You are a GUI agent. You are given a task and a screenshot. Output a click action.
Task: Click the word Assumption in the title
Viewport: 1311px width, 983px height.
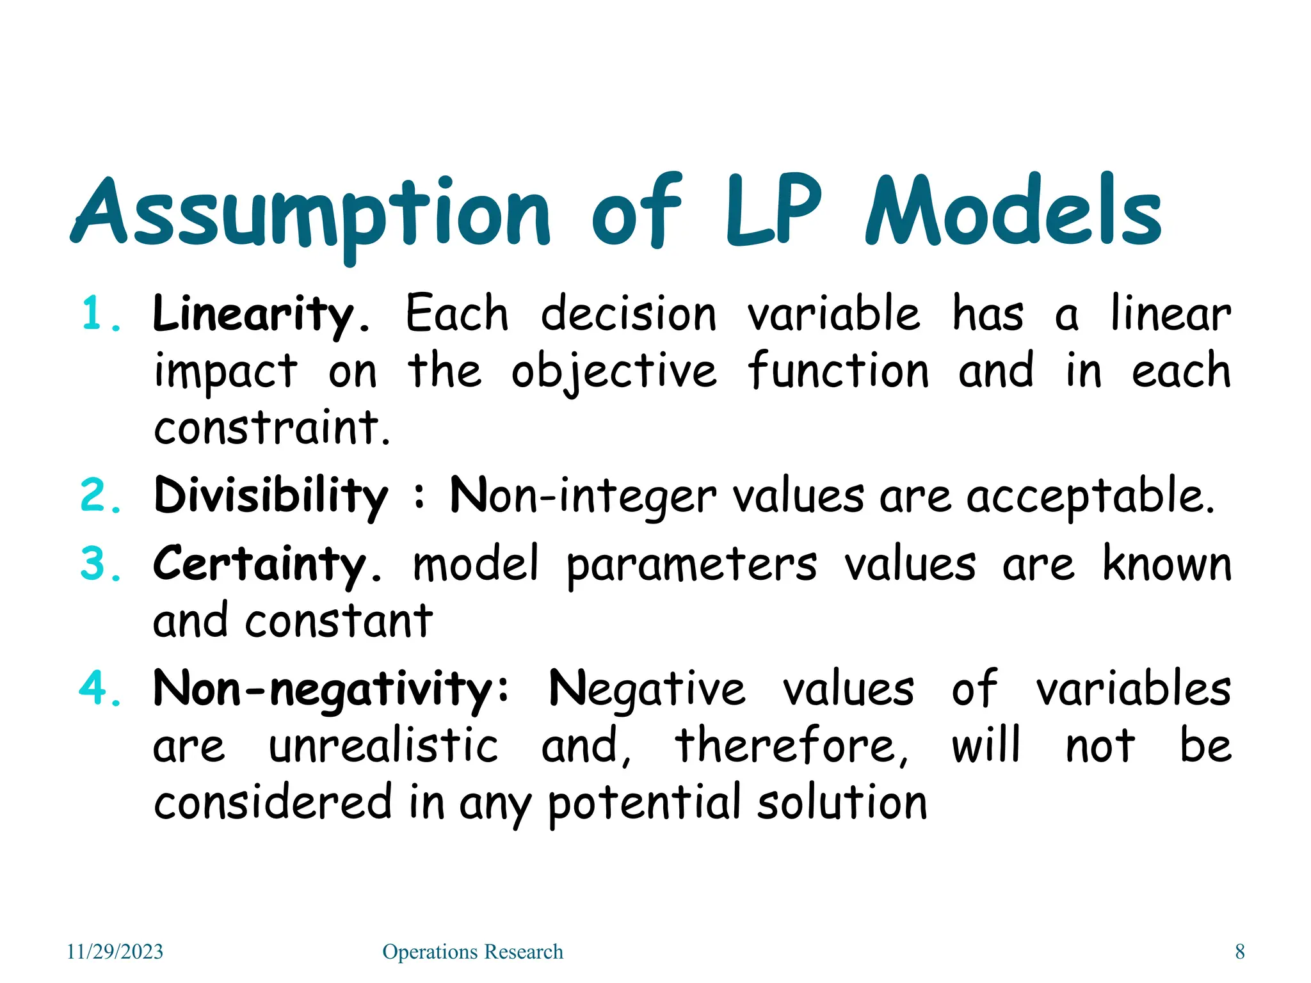[x=310, y=214]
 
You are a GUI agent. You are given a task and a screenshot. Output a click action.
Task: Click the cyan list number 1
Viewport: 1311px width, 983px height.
[x=99, y=315]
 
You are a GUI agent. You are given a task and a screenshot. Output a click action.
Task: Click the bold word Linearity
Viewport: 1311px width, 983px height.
[x=253, y=315]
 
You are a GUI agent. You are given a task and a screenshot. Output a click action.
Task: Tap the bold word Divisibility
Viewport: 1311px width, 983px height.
[x=271, y=497]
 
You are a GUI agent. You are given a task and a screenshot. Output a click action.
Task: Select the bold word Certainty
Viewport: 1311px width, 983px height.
[x=259, y=564]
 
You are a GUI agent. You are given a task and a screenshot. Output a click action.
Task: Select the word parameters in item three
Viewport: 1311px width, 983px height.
[x=691, y=566]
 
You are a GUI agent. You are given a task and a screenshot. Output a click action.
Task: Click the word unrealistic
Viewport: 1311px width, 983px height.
[x=383, y=746]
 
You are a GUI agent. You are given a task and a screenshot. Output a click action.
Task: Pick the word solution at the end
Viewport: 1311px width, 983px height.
[x=842, y=803]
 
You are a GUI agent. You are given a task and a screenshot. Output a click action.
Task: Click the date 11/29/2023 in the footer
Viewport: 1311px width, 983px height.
[x=115, y=952]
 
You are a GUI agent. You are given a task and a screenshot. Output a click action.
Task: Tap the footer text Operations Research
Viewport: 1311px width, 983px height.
[x=472, y=952]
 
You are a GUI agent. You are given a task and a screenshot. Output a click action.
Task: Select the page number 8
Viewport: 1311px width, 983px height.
[x=1239, y=952]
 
